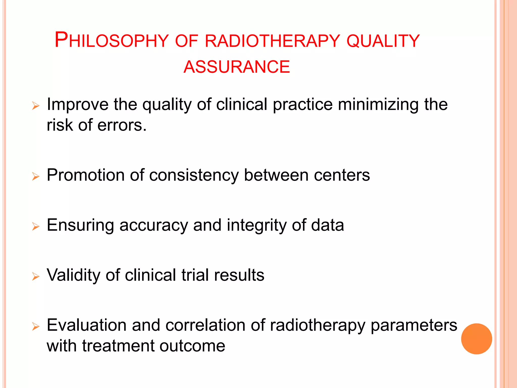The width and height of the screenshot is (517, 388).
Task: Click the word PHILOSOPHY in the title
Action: coord(111,40)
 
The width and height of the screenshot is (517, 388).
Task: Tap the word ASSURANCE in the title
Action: coord(237,67)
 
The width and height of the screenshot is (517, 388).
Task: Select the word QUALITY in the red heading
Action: coord(383,41)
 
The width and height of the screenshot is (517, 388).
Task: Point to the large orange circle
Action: coord(476,339)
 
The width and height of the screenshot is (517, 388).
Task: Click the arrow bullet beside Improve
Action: coord(36,106)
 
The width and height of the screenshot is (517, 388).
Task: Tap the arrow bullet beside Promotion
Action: coord(36,176)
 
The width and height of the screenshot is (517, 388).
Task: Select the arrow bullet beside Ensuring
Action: coord(36,226)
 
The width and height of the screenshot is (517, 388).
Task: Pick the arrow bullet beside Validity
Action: coord(36,276)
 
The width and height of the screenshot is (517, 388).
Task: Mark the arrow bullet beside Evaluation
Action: coord(36,326)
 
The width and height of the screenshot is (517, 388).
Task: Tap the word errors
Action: coord(122,125)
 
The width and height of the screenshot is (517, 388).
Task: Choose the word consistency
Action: coord(194,175)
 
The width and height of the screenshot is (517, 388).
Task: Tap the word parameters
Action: coord(414,326)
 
